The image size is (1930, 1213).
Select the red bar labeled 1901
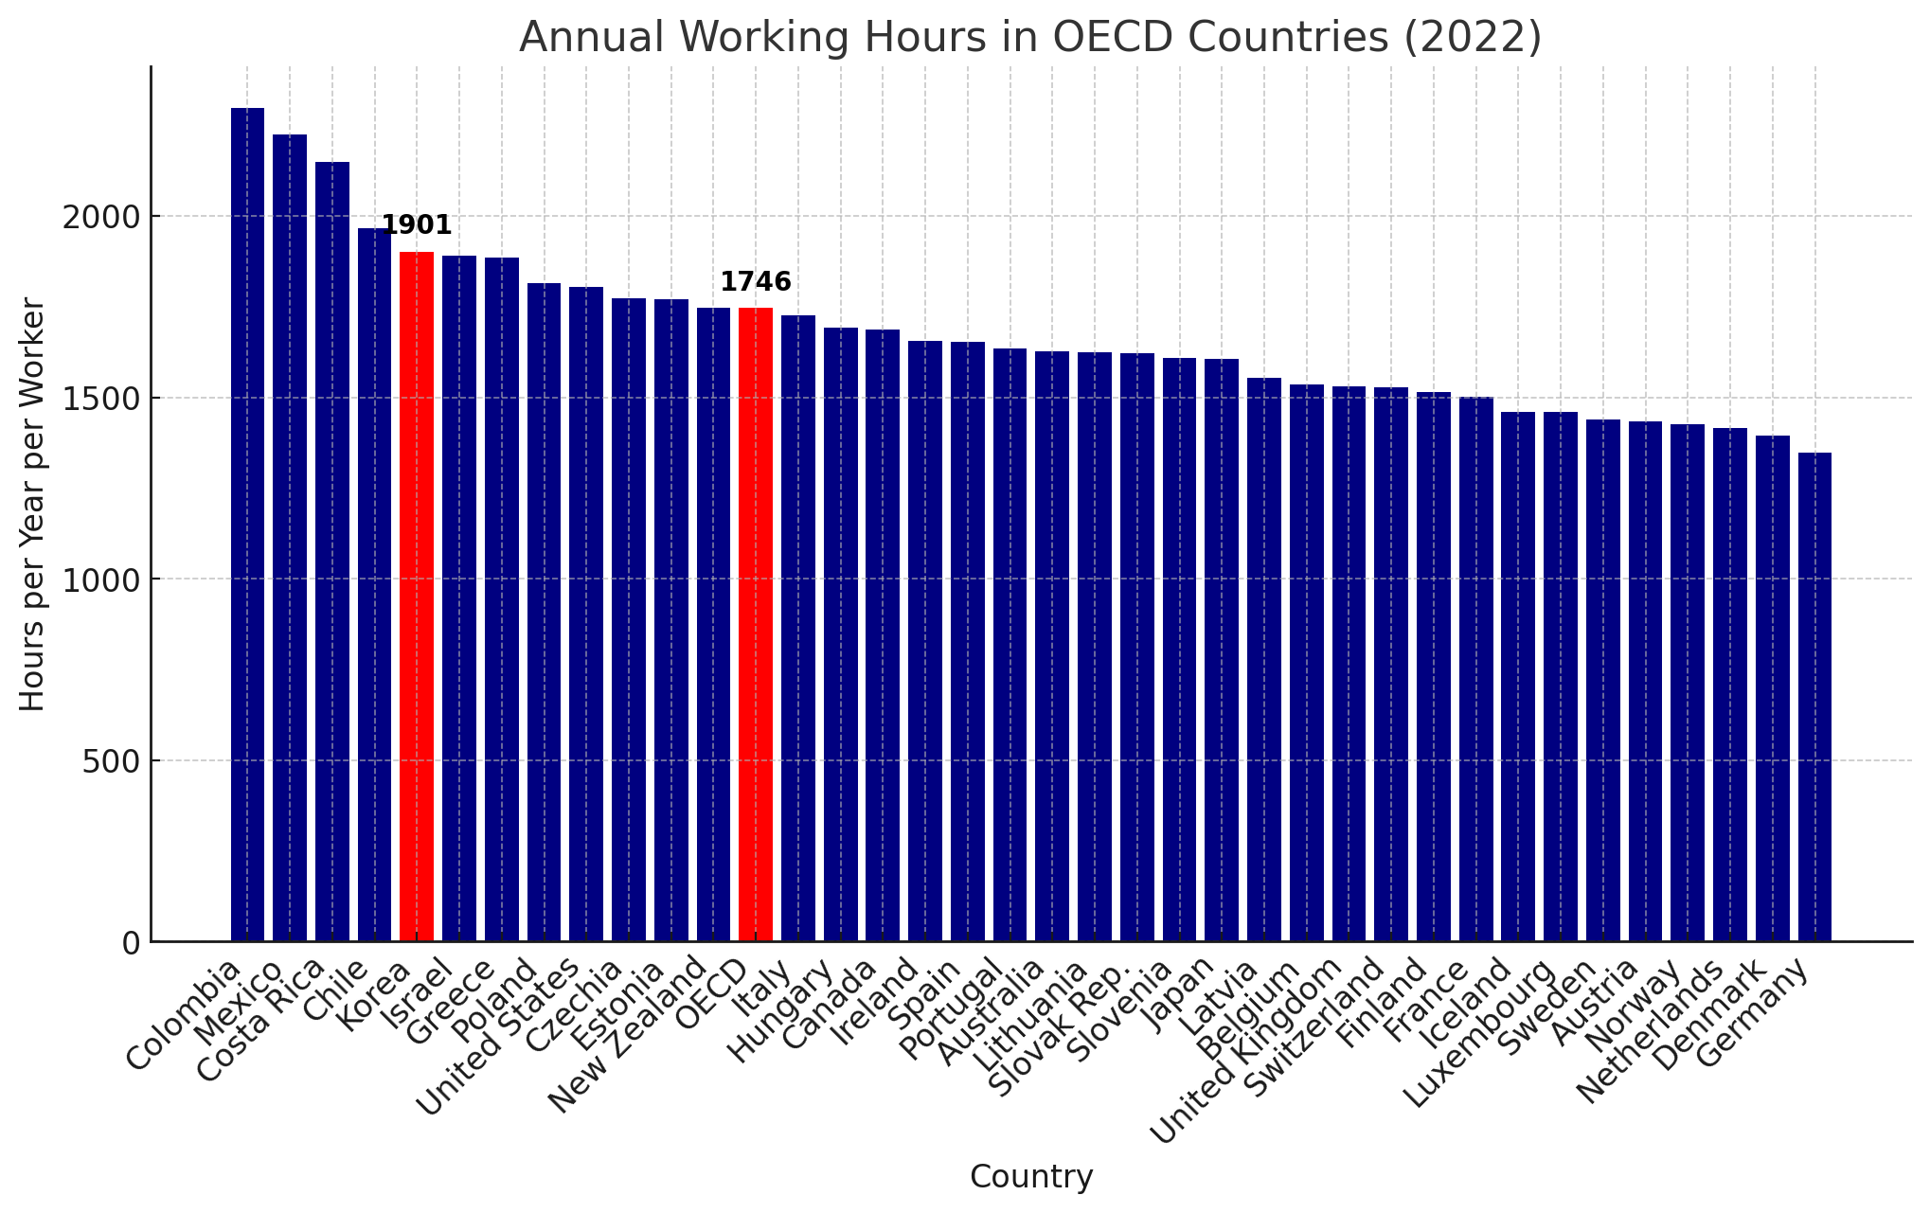click(x=417, y=596)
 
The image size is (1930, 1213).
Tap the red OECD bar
click(x=756, y=624)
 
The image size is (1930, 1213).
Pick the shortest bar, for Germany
click(x=1814, y=697)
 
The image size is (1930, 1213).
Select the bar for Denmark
click(x=1772, y=688)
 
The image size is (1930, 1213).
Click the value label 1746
click(x=756, y=282)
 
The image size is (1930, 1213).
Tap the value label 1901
click(x=417, y=225)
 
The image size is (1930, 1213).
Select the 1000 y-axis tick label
click(x=100, y=580)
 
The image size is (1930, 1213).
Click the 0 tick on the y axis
click(x=130, y=943)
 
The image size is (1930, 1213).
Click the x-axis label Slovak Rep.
click(x=1059, y=1026)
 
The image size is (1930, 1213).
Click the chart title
click(x=1030, y=38)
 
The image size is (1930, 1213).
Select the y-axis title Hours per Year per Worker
click(x=33, y=504)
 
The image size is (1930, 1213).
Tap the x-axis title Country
click(x=1031, y=1177)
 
